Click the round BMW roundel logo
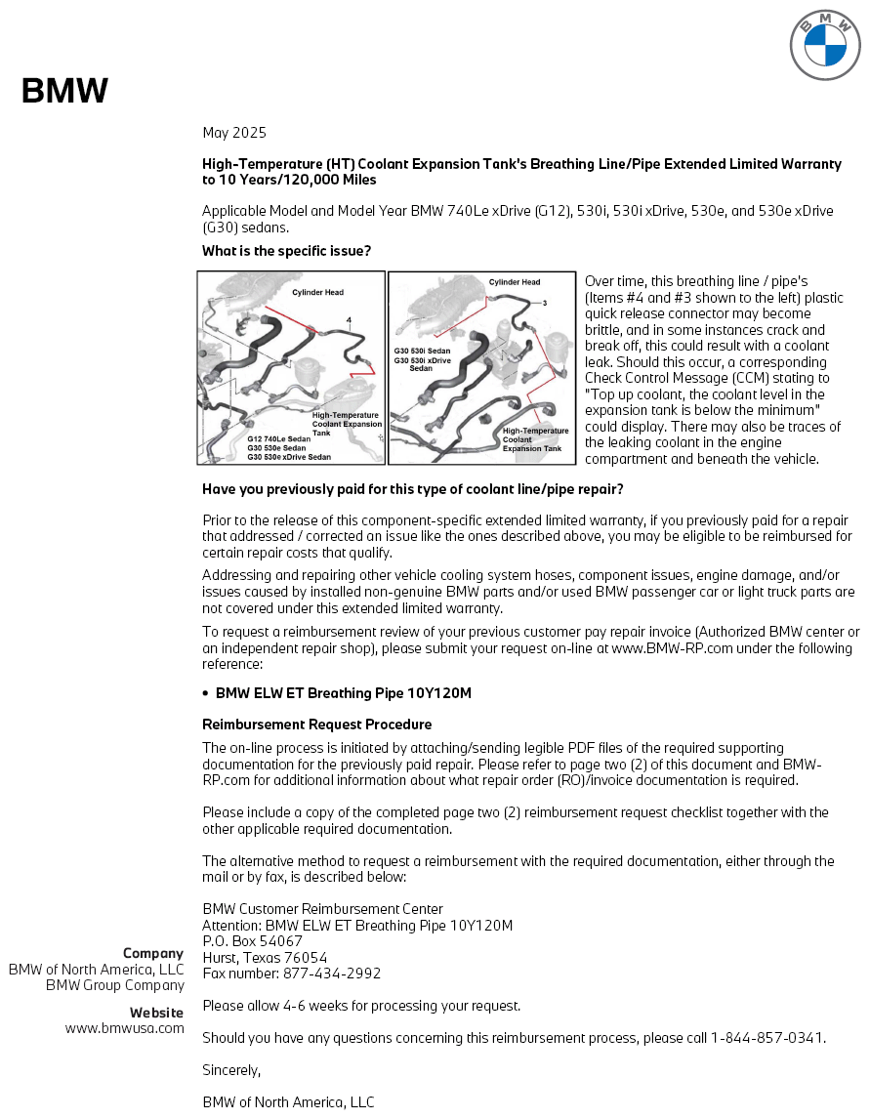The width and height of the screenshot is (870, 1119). (x=824, y=45)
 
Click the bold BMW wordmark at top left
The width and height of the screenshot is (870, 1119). (x=64, y=91)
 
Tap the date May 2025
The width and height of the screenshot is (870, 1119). (x=234, y=133)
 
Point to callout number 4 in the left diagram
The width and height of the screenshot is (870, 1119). (x=348, y=319)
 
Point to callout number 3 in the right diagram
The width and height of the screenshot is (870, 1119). (x=545, y=303)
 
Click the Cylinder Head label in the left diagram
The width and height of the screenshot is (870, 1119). (x=317, y=292)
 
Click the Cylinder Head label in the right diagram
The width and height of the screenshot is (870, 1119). (x=514, y=282)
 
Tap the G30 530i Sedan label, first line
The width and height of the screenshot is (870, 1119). (x=422, y=350)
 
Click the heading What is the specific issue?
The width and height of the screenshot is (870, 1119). (x=286, y=251)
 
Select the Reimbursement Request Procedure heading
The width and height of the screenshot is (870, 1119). (x=316, y=725)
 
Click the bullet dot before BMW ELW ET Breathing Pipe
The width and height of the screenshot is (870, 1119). (x=205, y=693)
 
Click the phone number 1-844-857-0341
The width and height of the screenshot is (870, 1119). (x=766, y=1038)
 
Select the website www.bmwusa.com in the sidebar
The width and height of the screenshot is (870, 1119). (x=124, y=1028)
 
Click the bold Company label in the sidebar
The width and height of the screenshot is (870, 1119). (x=152, y=953)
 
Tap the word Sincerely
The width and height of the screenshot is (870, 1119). (x=231, y=1070)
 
